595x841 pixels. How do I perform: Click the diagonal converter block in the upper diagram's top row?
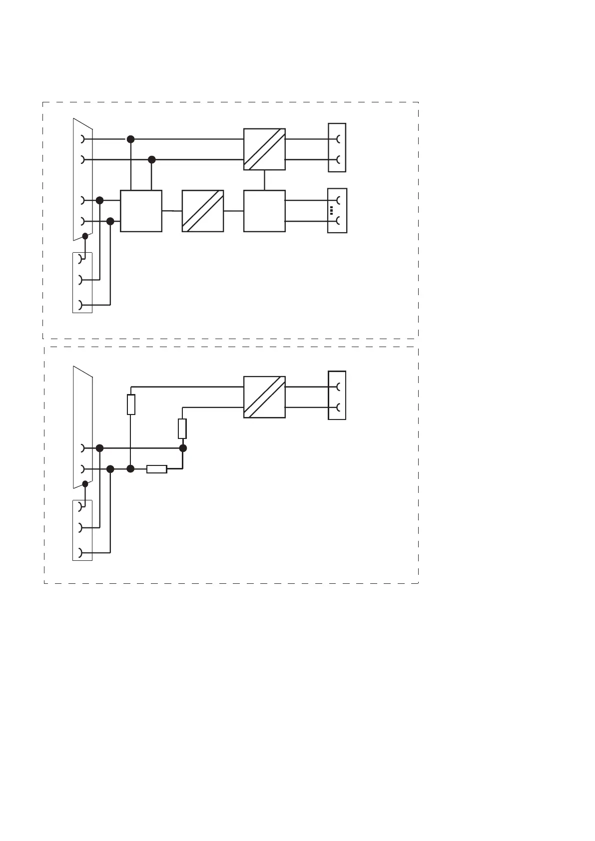coord(264,149)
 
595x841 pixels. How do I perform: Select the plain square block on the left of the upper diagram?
coord(141,211)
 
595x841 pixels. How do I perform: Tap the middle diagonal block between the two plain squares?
coord(202,211)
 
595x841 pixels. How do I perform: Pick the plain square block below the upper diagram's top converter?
coord(264,211)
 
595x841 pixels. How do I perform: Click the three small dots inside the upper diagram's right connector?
coord(331,210)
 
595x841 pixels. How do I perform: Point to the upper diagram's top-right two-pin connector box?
coord(337,148)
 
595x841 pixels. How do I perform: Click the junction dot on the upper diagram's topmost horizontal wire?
coord(131,139)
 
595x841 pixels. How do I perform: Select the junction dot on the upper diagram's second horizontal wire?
coord(152,160)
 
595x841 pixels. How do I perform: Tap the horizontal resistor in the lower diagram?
coord(156,469)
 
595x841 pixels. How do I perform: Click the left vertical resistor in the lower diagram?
coord(131,405)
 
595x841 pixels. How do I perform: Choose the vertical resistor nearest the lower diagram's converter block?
coord(182,428)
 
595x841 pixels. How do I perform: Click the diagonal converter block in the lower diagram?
coord(264,397)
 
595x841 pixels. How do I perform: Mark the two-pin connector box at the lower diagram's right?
coord(337,396)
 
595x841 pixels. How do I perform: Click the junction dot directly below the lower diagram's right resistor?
coord(183,448)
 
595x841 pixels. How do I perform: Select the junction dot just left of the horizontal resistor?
coord(131,469)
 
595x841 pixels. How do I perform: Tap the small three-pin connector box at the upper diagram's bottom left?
coord(82,283)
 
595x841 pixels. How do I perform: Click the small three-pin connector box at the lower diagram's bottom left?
coord(82,530)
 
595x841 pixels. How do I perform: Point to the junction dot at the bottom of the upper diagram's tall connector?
coord(85,236)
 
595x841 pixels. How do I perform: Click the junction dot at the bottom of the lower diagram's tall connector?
coord(85,483)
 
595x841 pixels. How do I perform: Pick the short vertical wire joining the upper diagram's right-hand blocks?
coord(264,180)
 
